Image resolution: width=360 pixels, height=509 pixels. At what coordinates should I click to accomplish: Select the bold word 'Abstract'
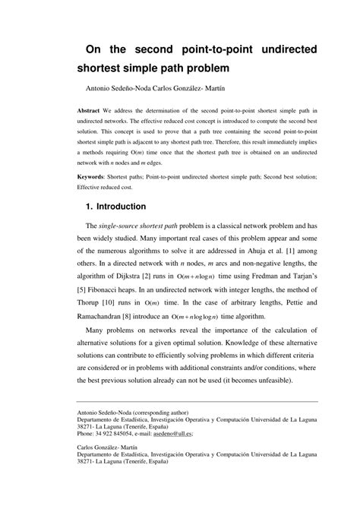click(x=93, y=110)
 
